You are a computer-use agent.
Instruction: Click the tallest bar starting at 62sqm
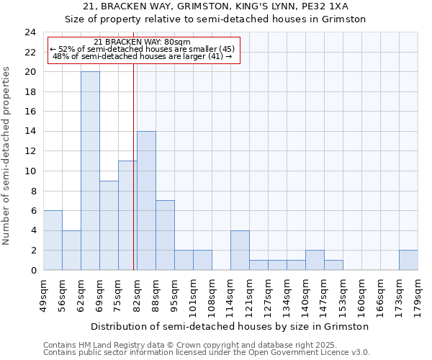coord(90,171)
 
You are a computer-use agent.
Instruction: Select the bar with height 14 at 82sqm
coord(146,200)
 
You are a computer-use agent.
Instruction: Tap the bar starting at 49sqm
coord(53,240)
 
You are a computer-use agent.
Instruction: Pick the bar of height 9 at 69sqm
coord(109,225)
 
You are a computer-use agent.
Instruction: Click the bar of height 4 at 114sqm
coord(240,250)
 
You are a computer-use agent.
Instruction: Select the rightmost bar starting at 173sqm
coord(408,260)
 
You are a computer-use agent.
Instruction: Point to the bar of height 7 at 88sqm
coord(165,235)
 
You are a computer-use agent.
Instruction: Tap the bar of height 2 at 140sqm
coord(315,260)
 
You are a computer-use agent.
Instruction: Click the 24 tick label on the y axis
coord(30,32)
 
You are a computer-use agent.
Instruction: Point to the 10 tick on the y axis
coord(30,171)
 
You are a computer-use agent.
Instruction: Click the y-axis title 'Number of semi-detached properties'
coord(8,156)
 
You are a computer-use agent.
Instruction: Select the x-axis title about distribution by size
coord(230,326)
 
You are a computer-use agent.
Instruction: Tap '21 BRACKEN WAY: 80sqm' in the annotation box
coord(143,42)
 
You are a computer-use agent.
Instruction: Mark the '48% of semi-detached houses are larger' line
coord(143,56)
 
